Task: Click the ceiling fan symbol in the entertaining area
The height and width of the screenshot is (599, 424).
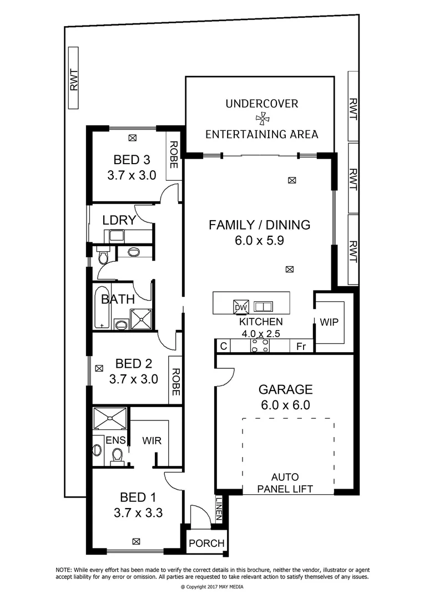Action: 261,118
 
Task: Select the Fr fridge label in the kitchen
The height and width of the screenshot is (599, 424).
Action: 301,346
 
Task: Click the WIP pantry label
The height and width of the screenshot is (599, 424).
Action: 329,322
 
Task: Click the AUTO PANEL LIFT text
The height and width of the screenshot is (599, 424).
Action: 285,483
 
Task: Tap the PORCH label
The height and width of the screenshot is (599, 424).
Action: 206,543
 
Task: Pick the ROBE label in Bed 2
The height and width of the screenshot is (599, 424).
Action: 175,382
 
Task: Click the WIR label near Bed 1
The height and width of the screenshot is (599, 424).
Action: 152,441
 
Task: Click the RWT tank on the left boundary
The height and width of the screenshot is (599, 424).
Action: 74,78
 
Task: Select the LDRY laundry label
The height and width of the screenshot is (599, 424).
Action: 119,220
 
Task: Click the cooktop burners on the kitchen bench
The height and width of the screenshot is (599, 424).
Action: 260,346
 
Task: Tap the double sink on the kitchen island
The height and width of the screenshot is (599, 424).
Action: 263,306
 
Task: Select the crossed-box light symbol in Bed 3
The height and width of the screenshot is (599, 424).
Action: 132,138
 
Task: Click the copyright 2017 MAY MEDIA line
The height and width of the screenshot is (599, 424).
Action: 212,586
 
